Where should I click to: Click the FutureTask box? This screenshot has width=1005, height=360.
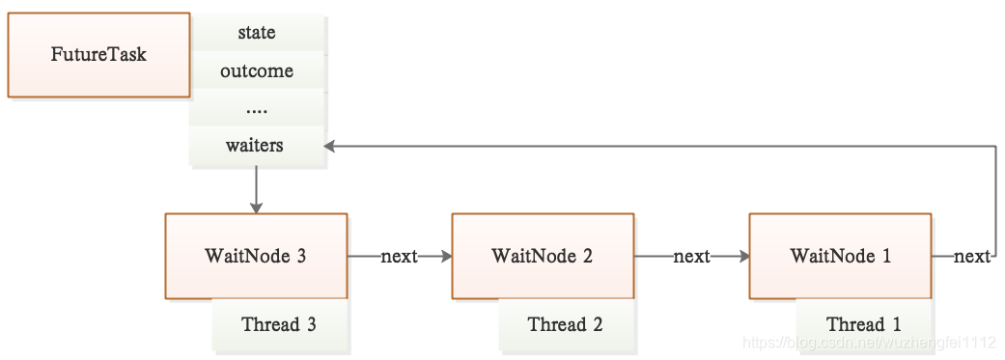pyautogui.click(x=98, y=55)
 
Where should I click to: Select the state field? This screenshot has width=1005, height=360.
pyautogui.click(x=257, y=32)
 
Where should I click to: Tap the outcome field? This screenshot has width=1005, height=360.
pyautogui.click(x=257, y=70)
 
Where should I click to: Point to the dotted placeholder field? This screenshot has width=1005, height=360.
pyautogui.click(x=257, y=108)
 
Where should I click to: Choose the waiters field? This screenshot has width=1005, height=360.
pyautogui.click(x=257, y=146)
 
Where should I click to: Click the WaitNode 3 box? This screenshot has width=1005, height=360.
pyautogui.click(x=257, y=256)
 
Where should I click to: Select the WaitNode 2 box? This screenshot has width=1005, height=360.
pyautogui.click(x=543, y=256)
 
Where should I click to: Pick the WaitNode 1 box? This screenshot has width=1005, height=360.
pyautogui.click(x=840, y=256)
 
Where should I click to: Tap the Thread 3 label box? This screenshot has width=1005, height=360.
pyautogui.click(x=279, y=324)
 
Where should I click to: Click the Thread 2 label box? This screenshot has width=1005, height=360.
pyautogui.click(x=566, y=324)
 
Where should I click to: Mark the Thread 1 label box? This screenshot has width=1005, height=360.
pyautogui.click(x=863, y=324)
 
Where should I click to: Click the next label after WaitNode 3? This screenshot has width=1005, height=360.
pyautogui.click(x=400, y=257)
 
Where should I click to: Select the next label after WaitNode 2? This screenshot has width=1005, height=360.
pyautogui.click(x=691, y=257)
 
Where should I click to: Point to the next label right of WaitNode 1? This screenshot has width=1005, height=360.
pyautogui.click(x=971, y=257)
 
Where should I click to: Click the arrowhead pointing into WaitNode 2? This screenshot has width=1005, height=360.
pyautogui.click(x=445, y=256)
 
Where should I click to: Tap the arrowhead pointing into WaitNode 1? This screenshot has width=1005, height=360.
pyautogui.click(x=742, y=256)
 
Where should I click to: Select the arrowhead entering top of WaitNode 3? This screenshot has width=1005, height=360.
pyautogui.click(x=257, y=208)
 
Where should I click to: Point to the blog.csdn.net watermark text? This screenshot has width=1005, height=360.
pyautogui.click(x=869, y=344)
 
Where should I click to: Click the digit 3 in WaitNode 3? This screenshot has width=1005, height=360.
pyautogui.click(x=301, y=256)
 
